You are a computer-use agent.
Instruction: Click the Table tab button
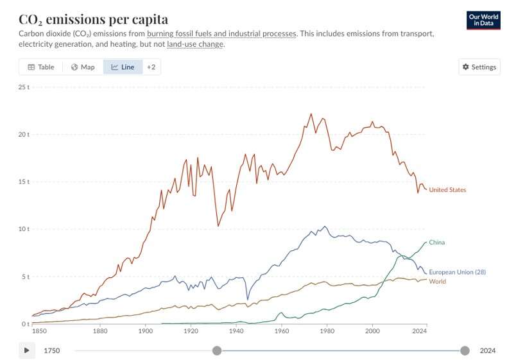(40, 67)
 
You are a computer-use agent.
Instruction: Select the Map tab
(83, 67)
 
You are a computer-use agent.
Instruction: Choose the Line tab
(123, 67)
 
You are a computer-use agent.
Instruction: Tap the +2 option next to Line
(151, 67)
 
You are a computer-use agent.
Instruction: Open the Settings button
(479, 67)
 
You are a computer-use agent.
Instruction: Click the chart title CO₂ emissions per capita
(94, 19)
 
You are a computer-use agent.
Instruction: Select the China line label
(436, 243)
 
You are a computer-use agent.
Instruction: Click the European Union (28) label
(457, 272)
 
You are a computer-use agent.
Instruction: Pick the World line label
(437, 282)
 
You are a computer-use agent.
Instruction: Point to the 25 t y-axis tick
(23, 87)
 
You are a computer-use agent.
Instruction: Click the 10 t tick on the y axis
(23, 229)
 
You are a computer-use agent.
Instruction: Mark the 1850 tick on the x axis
(39, 332)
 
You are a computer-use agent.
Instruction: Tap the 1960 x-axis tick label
(281, 332)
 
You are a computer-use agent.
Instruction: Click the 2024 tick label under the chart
(420, 332)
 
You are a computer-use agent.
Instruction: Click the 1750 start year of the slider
(53, 350)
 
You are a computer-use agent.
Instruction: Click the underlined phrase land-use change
(195, 44)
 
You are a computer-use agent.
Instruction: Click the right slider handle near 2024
(465, 350)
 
